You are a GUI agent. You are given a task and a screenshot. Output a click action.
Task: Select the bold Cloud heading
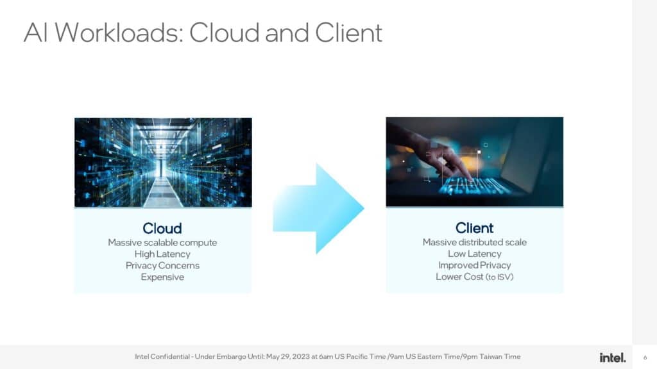point(162,229)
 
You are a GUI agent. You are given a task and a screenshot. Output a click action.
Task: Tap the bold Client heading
point(474,228)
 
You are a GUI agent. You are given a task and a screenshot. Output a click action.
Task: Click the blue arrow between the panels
point(318,208)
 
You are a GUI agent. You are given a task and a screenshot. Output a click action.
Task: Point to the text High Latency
point(162,254)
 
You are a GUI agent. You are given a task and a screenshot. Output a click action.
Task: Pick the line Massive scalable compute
point(162,243)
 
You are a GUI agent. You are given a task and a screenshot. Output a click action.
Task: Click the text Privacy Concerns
point(162,265)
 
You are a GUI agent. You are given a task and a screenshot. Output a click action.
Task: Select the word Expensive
point(162,277)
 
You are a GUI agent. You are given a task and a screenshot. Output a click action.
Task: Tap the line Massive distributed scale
point(474,242)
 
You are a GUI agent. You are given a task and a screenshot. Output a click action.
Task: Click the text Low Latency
point(474,254)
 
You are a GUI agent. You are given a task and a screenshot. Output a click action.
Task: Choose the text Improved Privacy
point(474,265)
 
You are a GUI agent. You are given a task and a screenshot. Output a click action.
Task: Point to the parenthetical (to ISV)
point(499,277)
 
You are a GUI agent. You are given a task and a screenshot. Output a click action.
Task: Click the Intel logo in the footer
point(612,357)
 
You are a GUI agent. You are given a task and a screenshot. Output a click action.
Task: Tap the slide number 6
point(645,357)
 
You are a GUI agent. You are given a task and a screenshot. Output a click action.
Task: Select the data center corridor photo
point(163,162)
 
